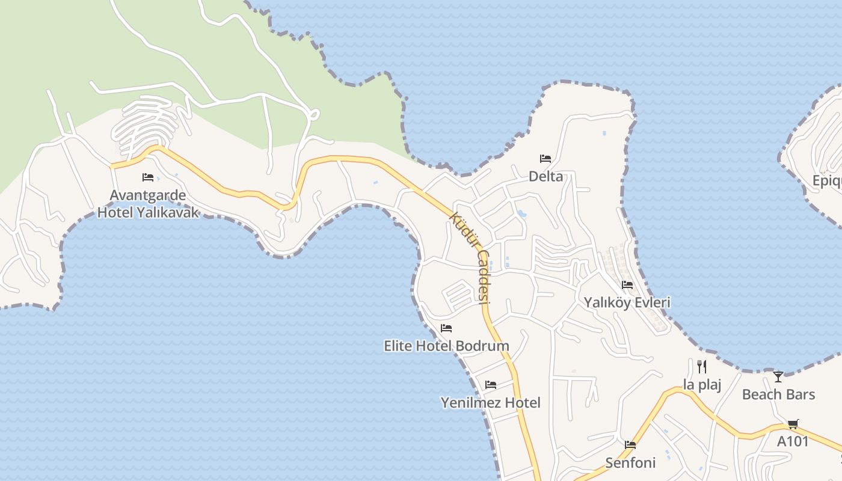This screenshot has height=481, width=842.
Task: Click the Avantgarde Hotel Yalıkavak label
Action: click(x=148, y=204)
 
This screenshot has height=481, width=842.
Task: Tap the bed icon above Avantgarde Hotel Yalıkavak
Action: click(x=148, y=177)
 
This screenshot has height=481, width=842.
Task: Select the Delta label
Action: click(x=545, y=176)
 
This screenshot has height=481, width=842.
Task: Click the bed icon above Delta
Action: click(x=545, y=159)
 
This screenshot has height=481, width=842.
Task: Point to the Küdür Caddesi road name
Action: click(x=470, y=259)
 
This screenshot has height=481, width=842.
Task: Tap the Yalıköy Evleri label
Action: click(x=627, y=302)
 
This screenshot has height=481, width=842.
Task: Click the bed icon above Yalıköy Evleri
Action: click(x=627, y=285)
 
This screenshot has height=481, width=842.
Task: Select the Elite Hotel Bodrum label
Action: click(x=446, y=346)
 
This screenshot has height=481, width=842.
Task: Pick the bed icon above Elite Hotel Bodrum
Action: click(x=446, y=328)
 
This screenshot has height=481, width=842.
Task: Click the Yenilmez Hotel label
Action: click(x=490, y=402)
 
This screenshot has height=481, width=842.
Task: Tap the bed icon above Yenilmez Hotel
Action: click(x=491, y=385)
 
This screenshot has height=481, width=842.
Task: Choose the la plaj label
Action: click(x=702, y=384)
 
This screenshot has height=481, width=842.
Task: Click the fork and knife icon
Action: click(x=701, y=366)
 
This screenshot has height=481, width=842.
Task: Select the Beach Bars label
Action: click(x=778, y=394)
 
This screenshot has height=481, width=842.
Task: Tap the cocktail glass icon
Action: click(x=778, y=377)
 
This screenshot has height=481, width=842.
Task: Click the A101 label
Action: click(x=793, y=441)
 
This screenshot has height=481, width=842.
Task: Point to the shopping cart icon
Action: click(x=793, y=424)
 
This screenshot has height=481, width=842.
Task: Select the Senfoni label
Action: click(x=630, y=462)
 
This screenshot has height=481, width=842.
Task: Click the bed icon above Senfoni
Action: click(x=630, y=445)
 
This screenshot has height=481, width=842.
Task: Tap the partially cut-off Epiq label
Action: click(x=827, y=181)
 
